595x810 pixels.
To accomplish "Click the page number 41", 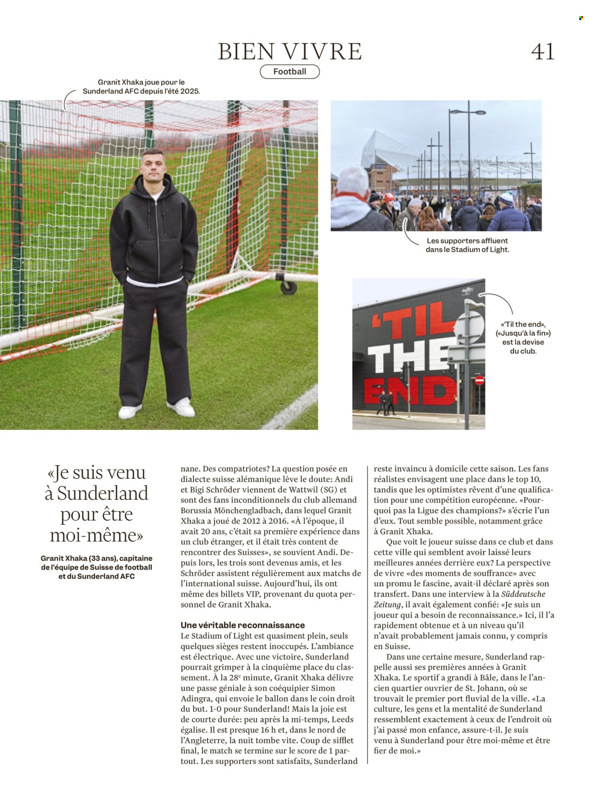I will (x=543, y=51).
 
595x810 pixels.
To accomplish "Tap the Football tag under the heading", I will (x=289, y=72).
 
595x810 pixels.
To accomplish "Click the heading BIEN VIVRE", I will (x=290, y=51).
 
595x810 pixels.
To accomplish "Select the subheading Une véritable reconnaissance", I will (x=243, y=625).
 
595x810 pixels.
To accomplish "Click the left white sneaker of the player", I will (x=129, y=411).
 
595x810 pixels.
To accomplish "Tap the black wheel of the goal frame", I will (x=288, y=287).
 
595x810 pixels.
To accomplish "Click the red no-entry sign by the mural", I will (x=479, y=380).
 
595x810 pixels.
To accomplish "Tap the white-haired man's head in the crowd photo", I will (x=353, y=181).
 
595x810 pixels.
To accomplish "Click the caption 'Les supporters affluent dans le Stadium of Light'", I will (x=467, y=245).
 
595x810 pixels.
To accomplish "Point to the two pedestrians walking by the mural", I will (x=386, y=403).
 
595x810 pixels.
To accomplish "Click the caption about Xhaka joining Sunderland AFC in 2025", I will (x=141, y=87).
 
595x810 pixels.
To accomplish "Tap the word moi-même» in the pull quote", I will (x=97, y=535).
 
